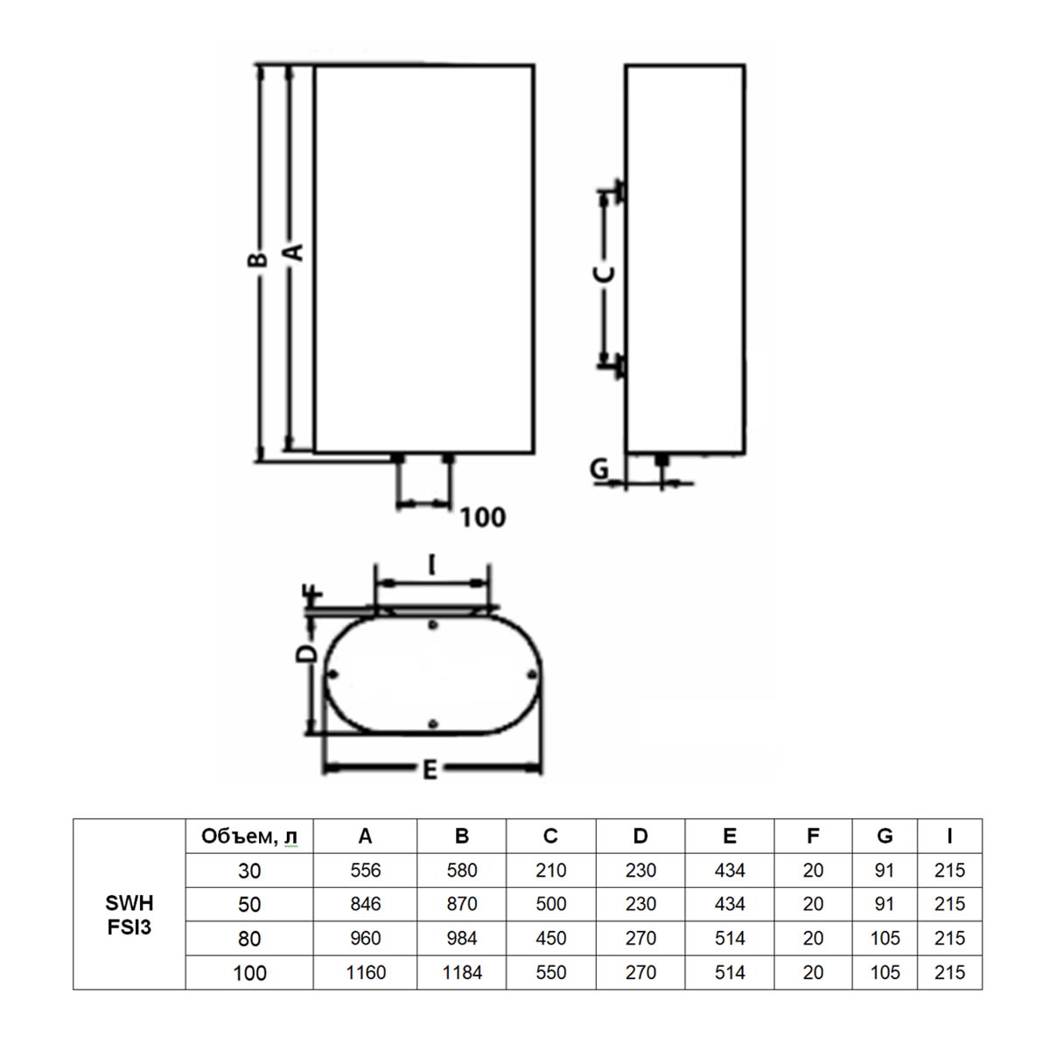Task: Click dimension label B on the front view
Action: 256,259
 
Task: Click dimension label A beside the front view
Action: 294,252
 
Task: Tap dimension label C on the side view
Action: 604,274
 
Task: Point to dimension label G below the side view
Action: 599,468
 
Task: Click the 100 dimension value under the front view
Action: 483,517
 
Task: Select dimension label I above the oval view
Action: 431,564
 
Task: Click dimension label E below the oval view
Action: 430,770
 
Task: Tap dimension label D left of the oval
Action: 306,654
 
